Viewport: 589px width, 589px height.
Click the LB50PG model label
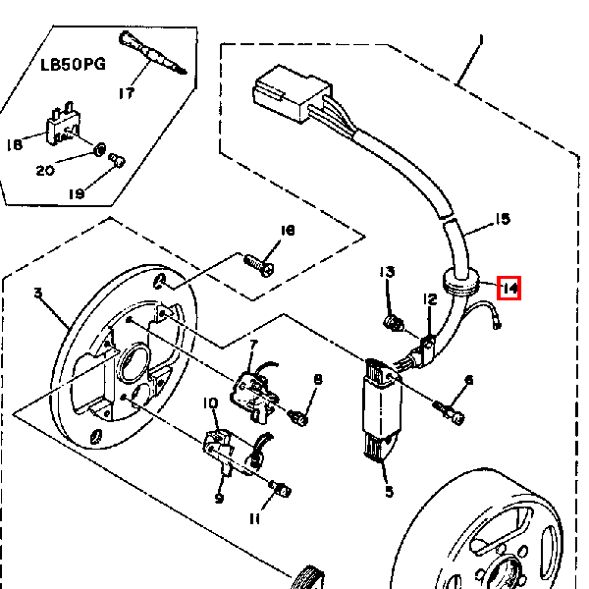[x=73, y=65]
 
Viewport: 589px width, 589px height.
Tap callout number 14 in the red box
[x=509, y=289]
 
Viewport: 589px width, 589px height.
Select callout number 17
[x=127, y=93]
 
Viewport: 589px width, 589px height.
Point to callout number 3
[x=38, y=293]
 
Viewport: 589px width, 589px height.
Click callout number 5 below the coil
[x=389, y=492]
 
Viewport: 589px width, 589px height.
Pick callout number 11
[x=254, y=519]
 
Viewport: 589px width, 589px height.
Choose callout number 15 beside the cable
[x=503, y=219]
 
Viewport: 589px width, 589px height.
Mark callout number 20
[x=45, y=171]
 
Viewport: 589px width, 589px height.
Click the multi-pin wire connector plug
[x=293, y=93]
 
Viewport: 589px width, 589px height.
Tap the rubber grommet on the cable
[x=461, y=283]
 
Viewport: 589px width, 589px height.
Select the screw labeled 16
[x=259, y=265]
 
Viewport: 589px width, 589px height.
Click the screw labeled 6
[x=449, y=412]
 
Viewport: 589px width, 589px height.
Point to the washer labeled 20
[x=99, y=150]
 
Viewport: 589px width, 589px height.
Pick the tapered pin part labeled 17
[x=152, y=53]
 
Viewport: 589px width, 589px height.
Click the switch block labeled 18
[x=63, y=124]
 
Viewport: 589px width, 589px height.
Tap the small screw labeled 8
[x=298, y=417]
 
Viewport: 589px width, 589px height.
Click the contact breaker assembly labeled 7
[x=255, y=393]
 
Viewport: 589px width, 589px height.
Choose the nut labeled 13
[x=394, y=323]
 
